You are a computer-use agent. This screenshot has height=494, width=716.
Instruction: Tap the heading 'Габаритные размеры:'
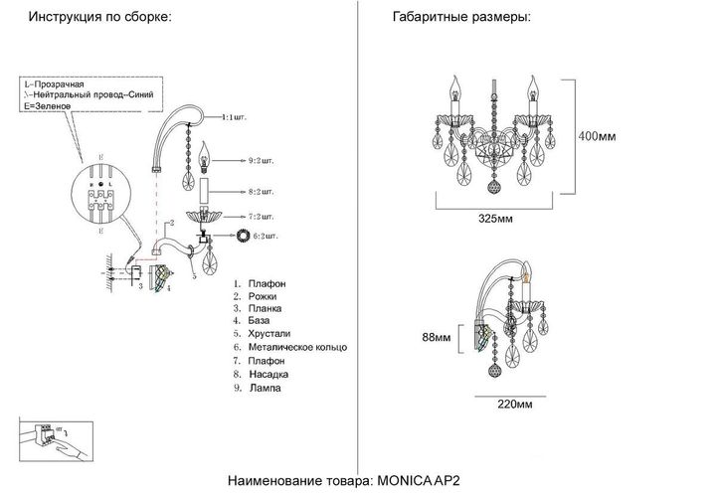pyautogui.click(x=461, y=18)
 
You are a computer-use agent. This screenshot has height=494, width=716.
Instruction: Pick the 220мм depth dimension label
pyautogui.click(x=513, y=405)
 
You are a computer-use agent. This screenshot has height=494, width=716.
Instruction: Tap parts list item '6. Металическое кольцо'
pyautogui.click(x=289, y=349)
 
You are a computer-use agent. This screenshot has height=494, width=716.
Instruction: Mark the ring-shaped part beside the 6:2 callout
pyautogui.click(x=242, y=236)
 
